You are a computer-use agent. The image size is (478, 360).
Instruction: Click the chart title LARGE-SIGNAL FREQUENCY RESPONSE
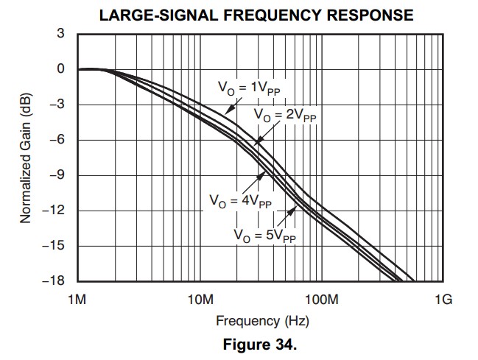[256, 14]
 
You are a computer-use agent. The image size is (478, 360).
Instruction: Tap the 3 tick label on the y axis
[60, 34]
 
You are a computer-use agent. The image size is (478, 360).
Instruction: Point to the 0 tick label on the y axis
[60, 69]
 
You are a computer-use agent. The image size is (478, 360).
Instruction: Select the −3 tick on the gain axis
[57, 105]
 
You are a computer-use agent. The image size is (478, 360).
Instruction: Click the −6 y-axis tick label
[57, 140]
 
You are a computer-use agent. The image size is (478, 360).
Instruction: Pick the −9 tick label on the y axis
[57, 175]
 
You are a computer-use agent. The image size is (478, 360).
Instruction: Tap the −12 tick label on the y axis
[54, 211]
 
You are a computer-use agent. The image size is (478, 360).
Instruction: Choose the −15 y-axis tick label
[54, 246]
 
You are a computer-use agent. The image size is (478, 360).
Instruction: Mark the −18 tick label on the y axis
[54, 281]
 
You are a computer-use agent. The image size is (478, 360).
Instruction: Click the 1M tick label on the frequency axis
[77, 300]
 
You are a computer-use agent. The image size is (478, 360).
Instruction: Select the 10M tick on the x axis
[200, 300]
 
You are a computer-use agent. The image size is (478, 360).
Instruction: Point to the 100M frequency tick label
[321, 300]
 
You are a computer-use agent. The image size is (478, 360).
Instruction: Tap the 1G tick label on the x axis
[443, 300]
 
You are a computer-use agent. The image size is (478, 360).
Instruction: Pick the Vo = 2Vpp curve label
[284, 116]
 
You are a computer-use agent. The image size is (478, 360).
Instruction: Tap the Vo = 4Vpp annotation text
[240, 200]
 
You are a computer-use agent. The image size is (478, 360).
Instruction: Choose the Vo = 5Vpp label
[265, 236]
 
